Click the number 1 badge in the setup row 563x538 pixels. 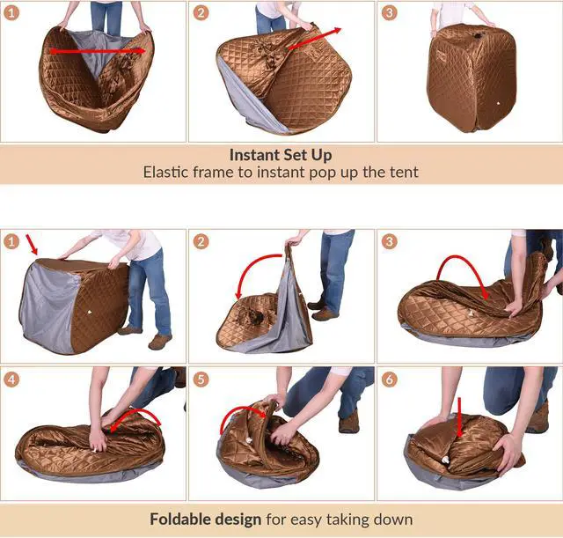pyautogui.click(x=12, y=12)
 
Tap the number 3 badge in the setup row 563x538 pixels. pyautogui.click(x=390, y=12)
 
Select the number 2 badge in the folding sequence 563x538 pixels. pyautogui.click(x=201, y=241)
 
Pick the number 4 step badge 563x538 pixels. pyautogui.click(x=12, y=380)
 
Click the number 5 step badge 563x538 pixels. pyautogui.click(x=201, y=380)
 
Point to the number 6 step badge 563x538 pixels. pyautogui.click(x=390, y=380)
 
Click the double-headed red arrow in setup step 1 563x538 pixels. pyautogui.click(x=97, y=51)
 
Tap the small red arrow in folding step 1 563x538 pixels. pyautogui.click(x=33, y=243)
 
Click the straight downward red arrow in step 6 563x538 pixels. pyautogui.click(x=459, y=414)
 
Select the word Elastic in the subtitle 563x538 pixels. pyautogui.click(x=167, y=173)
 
